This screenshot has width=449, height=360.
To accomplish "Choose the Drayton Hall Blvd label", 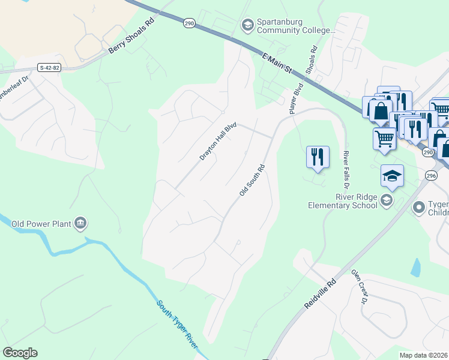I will click(x=218, y=142).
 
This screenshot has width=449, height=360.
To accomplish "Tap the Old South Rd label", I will click(x=252, y=180).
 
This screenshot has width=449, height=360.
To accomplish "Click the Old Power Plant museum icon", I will click(x=80, y=224).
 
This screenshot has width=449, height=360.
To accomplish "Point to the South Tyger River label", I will click(x=177, y=324).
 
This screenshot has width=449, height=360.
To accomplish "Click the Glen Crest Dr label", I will click(x=359, y=286).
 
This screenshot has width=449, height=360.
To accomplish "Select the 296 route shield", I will click(x=431, y=175).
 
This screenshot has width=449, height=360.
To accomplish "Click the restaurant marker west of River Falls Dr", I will click(x=318, y=157).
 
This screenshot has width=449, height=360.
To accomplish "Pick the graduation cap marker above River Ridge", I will click(x=392, y=175).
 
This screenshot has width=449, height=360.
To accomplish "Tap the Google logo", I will click(x=20, y=353).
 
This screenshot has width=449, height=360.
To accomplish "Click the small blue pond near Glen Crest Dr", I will click(x=416, y=268).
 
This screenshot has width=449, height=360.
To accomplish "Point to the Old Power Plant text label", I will click(x=41, y=224).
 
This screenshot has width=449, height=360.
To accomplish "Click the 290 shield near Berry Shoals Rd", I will click(x=190, y=23).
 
